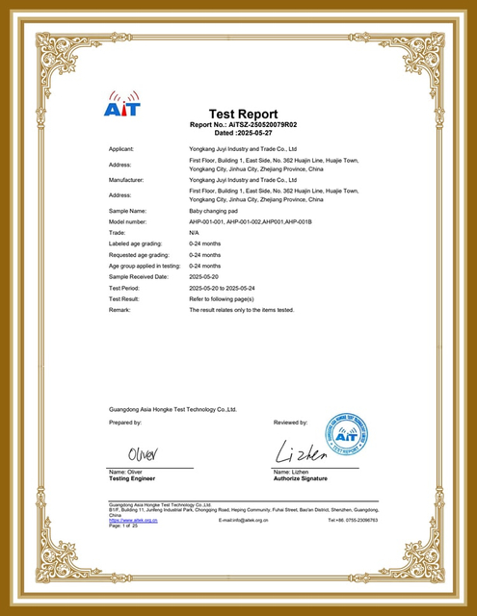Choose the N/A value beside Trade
click(x=194, y=233)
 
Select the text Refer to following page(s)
click(x=229, y=298)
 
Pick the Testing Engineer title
click(x=132, y=478)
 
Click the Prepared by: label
click(x=125, y=423)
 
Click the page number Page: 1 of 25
click(x=124, y=526)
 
